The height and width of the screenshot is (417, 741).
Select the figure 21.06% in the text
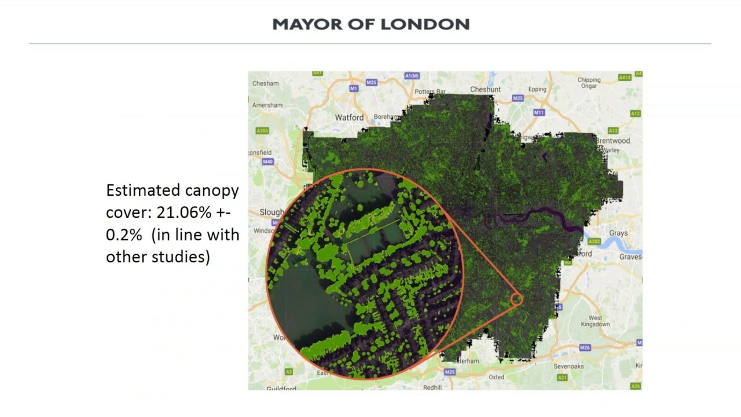[x=184, y=213]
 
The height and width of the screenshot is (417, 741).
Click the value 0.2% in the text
[x=124, y=235]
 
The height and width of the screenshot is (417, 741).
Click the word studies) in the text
[x=184, y=257]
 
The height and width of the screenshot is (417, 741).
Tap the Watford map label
[x=349, y=118]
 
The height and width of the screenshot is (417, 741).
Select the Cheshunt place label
[x=485, y=89]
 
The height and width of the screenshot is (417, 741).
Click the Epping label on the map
[x=537, y=89]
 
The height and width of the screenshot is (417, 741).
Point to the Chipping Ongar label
[x=589, y=83]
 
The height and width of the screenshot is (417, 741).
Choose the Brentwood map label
[x=613, y=141]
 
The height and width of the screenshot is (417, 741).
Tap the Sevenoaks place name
[x=568, y=366]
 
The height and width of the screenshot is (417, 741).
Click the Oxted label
[x=496, y=377]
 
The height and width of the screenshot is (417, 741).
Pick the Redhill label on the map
[x=432, y=387]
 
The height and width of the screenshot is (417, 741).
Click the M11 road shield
[x=539, y=112]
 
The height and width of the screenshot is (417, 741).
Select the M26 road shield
[x=585, y=348]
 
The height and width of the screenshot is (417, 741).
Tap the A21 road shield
[x=562, y=378]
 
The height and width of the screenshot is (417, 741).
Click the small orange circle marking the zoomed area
[x=516, y=299]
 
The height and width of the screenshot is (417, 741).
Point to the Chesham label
[x=265, y=83]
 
